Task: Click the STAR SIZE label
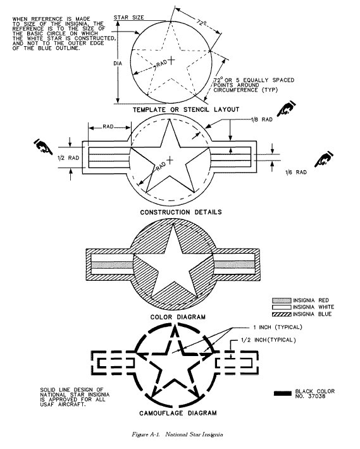[129, 18]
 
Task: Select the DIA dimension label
[118, 63]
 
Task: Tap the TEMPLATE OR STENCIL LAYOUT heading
[186, 109]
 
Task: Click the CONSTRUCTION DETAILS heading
[181, 212]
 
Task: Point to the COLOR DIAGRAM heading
[178, 317]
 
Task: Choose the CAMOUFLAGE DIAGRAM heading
[178, 413]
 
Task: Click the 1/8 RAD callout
[262, 120]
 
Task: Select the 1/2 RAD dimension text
[68, 157]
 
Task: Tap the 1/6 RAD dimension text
[296, 172]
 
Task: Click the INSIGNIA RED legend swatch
[282, 300]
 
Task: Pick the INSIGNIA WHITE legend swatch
[282, 307]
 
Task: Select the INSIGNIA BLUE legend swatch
[282, 314]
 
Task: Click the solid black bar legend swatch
[283, 393]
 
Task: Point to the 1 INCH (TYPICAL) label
[278, 327]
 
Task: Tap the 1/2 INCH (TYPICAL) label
[268, 340]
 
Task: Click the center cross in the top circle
[171, 60]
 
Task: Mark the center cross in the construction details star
[170, 160]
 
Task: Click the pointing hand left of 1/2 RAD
[43, 146]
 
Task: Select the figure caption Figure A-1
[146, 434]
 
